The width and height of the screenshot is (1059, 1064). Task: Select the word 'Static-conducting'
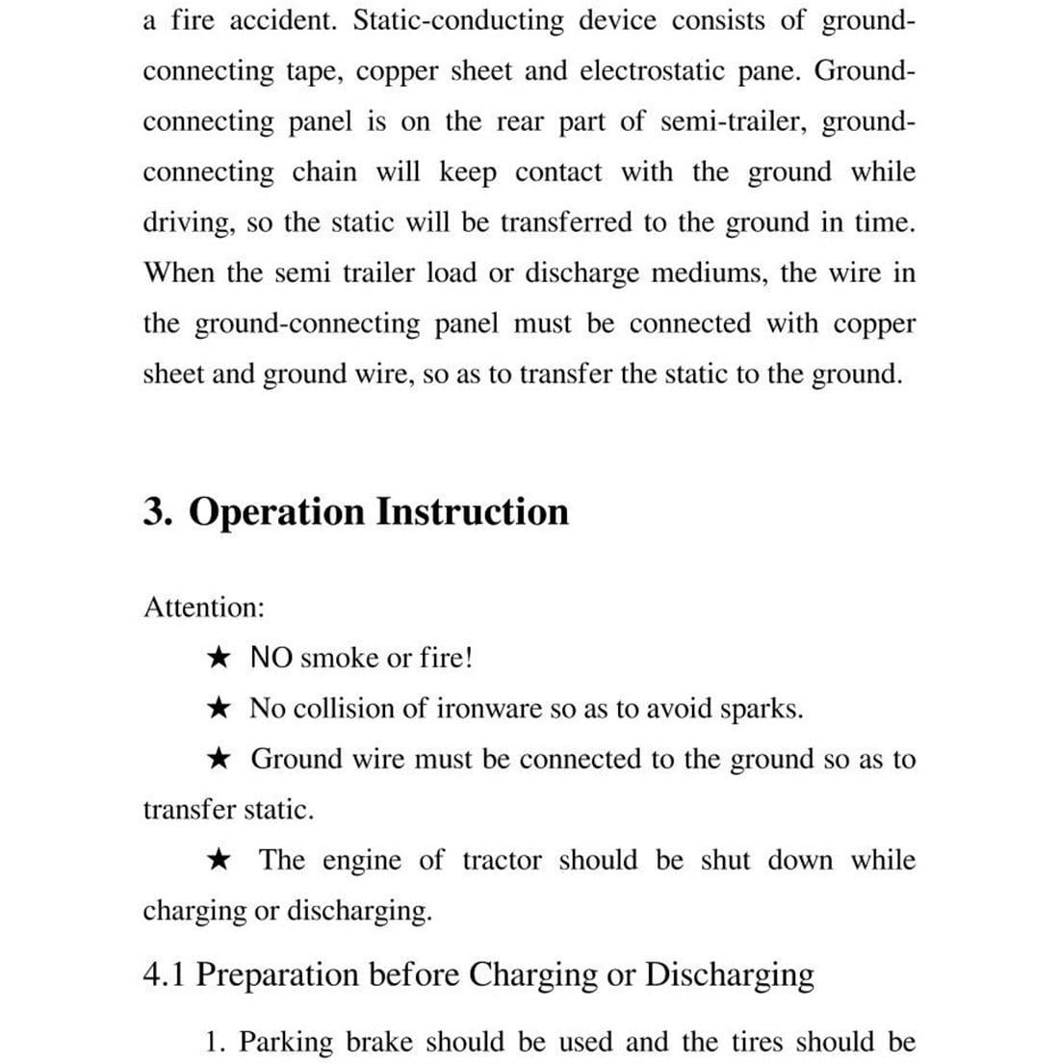457,21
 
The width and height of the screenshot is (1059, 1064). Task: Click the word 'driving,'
190,223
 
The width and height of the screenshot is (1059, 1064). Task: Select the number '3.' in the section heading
158,511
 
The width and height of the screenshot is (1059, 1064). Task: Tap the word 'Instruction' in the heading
472,511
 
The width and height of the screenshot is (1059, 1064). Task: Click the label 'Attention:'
204,608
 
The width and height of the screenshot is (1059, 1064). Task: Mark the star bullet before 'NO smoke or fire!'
219,659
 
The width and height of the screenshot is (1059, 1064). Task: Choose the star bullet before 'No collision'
219,710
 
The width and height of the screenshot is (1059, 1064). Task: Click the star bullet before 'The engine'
220,860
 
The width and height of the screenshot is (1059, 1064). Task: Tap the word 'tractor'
502,860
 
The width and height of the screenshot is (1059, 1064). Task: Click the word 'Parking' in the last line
285,1043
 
